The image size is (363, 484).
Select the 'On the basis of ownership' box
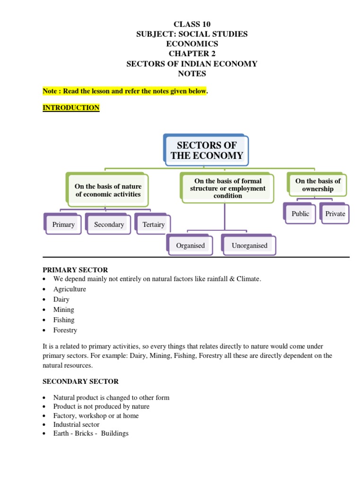(x=318, y=185)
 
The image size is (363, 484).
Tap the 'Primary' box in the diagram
(x=63, y=225)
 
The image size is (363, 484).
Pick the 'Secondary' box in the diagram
(x=109, y=225)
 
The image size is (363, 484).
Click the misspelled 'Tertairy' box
(x=153, y=225)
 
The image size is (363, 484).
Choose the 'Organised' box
(x=190, y=245)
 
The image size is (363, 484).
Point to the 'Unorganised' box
(x=249, y=245)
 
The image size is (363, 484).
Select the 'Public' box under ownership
(x=300, y=214)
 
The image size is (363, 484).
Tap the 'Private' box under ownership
(x=335, y=214)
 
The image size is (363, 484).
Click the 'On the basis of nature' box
(x=108, y=190)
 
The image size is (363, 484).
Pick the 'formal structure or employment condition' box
(x=227, y=188)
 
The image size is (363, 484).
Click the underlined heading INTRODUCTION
(x=71, y=108)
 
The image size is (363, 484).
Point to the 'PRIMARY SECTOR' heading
(x=75, y=270)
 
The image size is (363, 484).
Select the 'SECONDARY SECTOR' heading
(x=80, y=381)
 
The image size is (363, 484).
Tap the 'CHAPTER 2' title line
(x=191, y=53)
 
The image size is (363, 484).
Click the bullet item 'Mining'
(x=63, y=310)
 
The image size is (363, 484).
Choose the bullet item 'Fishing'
(x=64, y=320)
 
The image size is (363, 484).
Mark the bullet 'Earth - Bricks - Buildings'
(x=91, y=433)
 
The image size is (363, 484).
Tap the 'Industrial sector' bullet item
(x=76, y=424)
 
